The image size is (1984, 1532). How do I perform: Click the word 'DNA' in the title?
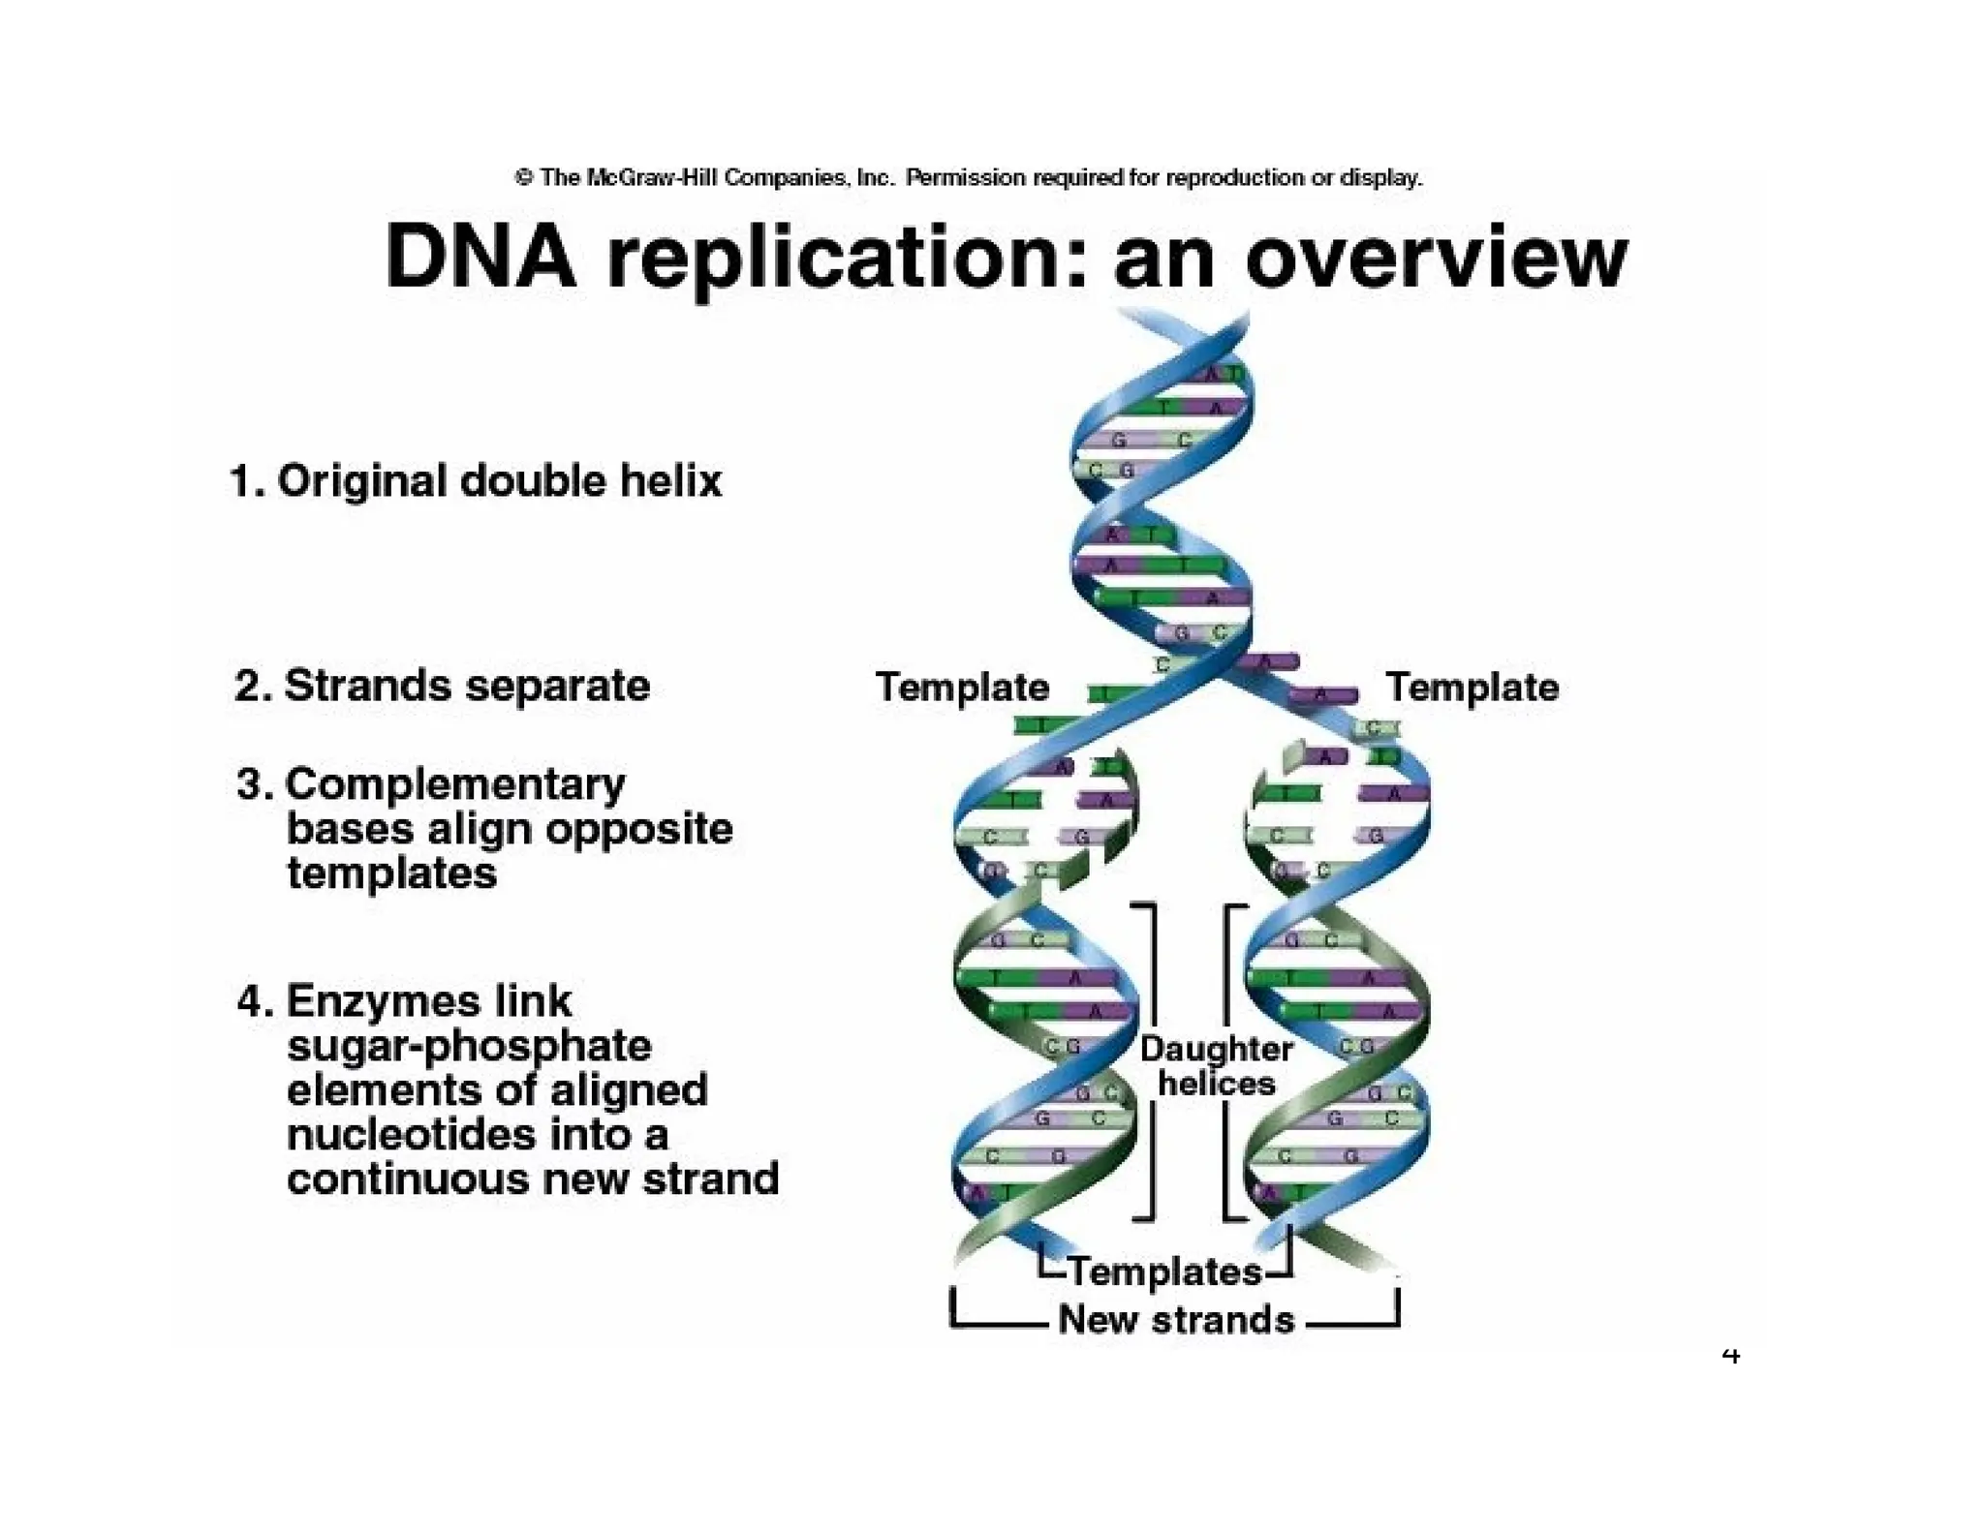[480, 257]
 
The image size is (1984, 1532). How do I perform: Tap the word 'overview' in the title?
[1436, 259]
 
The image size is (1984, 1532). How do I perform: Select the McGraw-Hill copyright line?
[969, 177]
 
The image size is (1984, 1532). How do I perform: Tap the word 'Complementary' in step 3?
[455, 783]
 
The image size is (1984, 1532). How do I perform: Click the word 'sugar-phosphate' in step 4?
[469, 1046]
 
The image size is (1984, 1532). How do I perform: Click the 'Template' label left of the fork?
[962, 687]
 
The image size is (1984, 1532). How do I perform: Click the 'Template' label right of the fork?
[1472, 687]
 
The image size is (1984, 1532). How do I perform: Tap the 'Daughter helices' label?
[1216, 1065]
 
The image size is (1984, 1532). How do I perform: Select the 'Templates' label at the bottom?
[1164, 1272]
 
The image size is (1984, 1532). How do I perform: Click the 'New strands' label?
[1175, 1319]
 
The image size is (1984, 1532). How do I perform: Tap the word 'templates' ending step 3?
[391, 873]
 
